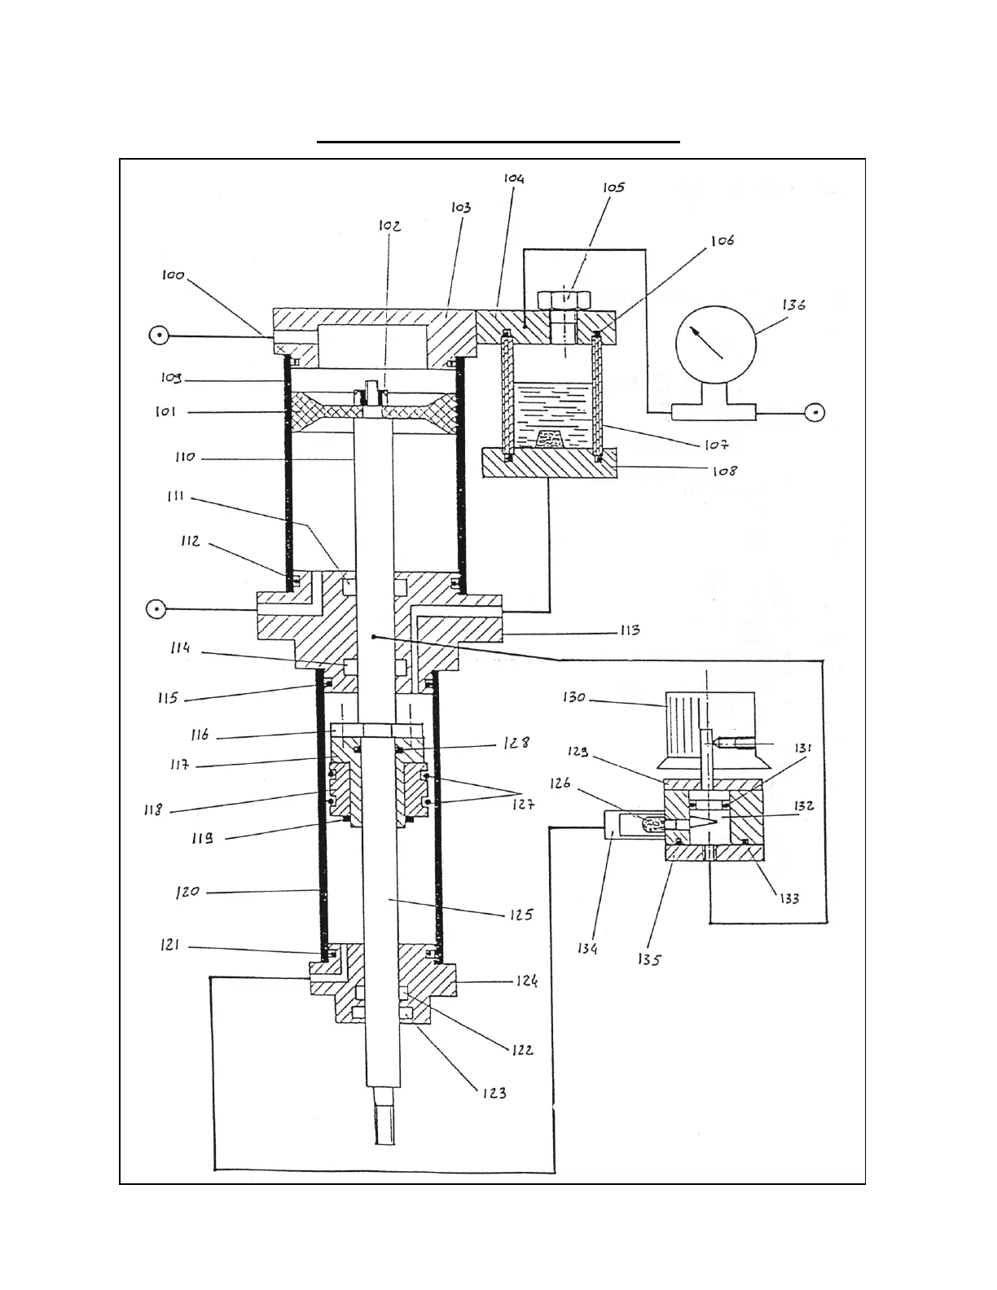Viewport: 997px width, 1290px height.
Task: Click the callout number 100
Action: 173,276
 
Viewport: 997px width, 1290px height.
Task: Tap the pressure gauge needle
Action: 707,341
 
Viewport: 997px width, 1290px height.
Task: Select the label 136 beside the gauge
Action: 794,305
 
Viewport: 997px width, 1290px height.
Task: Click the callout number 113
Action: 629,630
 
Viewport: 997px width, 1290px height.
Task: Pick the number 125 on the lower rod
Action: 521,915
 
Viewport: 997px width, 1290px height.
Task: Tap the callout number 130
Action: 574,698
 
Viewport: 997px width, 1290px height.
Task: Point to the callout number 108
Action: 723,470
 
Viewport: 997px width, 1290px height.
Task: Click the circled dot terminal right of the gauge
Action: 814,412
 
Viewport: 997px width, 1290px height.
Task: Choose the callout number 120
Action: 187,892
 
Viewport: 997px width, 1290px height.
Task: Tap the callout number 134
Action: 587,948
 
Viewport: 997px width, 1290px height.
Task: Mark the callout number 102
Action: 389,226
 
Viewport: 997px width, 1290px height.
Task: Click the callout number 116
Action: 200,735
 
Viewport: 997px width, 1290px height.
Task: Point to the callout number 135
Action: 649,959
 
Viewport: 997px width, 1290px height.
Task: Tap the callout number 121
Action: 170,946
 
